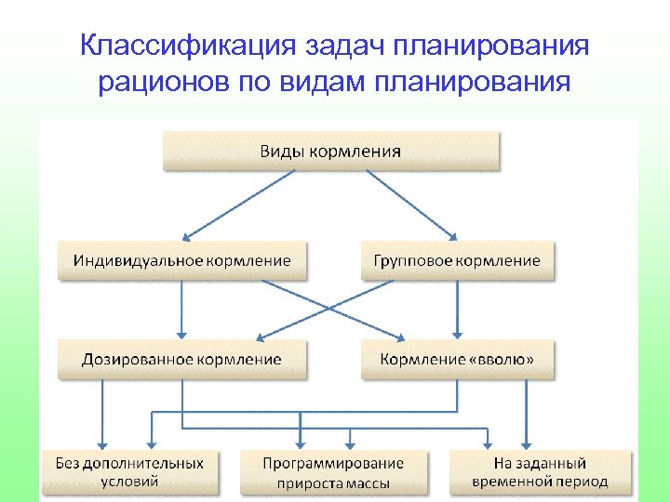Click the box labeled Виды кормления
click(x=331, y=151)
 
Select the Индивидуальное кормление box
click(x=181, y=260)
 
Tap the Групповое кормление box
click(x=456, y=260)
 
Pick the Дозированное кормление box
click(x=181, y=359)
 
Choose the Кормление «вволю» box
click(x=456, y=359)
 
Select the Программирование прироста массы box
click(x=333, y=472)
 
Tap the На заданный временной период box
click(x=540, y=472)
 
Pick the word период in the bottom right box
click(x=581, y=482)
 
